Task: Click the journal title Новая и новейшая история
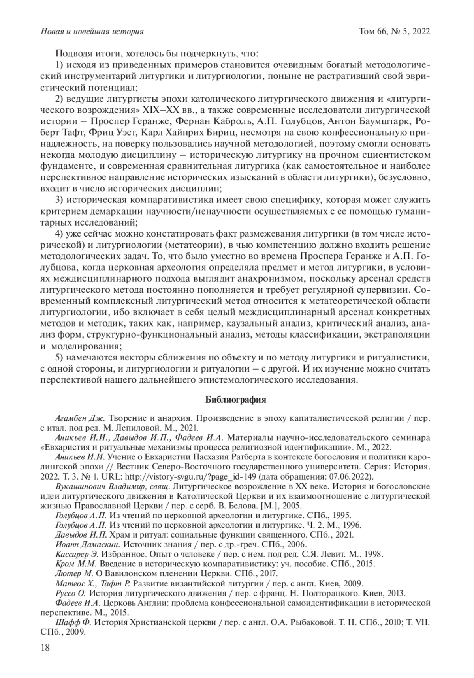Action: pos(92,31)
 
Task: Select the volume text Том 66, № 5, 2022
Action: pos(394,31)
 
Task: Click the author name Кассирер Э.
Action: pos(77,554)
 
